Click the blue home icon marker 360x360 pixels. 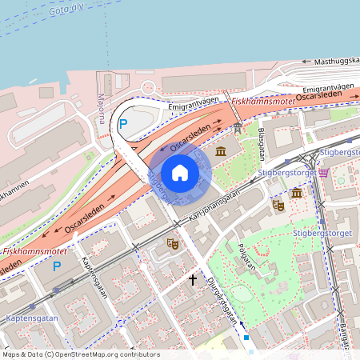click(x=180, y=173)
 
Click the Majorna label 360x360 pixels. click(x=101, y=109)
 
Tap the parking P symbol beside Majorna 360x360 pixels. click(x=122, y=124)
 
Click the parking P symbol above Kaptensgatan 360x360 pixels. click(x=56, y=266)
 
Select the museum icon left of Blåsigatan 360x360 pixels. click(x=221, y=152)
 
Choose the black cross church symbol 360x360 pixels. click(x=192, y=280)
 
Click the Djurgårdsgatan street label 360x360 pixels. click(x=222, y=301)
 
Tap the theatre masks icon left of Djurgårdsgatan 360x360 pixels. click(x=171, y=243)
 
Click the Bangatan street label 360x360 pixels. click(x=345, y=332)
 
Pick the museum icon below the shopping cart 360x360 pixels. click(x=297, y=194)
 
